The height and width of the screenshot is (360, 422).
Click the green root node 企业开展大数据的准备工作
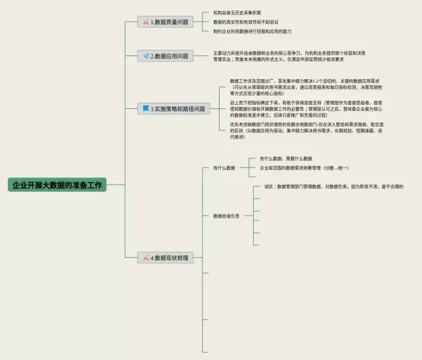point(57,185)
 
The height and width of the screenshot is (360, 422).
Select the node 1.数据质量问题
point(166,22)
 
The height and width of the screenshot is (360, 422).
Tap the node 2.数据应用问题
point(166,56)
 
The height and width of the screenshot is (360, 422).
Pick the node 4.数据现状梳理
point(166,258)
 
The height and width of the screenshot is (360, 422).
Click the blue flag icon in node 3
point(146,108)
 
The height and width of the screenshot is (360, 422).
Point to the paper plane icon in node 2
point(146,56)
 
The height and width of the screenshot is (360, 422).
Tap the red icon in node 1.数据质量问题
point(146,22)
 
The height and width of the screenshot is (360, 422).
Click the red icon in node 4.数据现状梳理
point(146,258)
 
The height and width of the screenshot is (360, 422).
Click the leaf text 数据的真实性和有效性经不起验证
point(246,22)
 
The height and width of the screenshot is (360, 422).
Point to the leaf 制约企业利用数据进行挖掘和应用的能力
point(252,31)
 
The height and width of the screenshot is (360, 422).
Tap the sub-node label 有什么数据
point(224,168)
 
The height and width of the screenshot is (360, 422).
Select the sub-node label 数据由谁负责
point(226,215)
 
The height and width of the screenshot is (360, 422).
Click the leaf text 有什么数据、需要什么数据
point(286,159)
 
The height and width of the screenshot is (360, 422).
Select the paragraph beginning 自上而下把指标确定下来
point(305,109)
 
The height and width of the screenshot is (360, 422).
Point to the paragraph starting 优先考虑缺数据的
point(305,131)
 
